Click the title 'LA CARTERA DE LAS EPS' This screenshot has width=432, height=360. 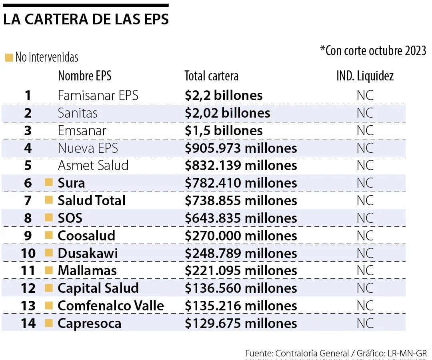[x=86, y=20]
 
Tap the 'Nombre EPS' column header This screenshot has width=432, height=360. [x=84, y=76]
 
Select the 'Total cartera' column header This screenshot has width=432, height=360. [x=211, y=76]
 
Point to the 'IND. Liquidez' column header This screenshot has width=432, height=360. [x=365, y=76]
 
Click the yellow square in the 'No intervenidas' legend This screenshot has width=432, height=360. [x=9, y=58]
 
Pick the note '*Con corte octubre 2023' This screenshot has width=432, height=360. [x=373, y=51]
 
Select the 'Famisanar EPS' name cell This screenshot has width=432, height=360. [x=98, y=96]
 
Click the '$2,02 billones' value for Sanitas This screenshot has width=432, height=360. [x=227, y=113]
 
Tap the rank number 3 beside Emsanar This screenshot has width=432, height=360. [x=28, y=131]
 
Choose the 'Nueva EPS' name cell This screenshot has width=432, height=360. [x=88, y=148]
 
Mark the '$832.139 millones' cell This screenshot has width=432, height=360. [x=241, y=166]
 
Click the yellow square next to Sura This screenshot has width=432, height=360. [x=49, y=183]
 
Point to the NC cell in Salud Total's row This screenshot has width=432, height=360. [x=365, y=200]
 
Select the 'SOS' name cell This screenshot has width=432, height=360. [x=70, y=218]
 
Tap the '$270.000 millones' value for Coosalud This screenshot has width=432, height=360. [x=241, y=236]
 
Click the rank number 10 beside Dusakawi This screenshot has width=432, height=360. [x=28, y=253]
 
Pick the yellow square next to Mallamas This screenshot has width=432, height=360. [x=49, y=270]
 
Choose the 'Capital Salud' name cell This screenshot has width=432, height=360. [x=98, y=288]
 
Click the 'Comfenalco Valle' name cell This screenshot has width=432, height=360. [x=111, y=306]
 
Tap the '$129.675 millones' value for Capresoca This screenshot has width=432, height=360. [x=241, y=323]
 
